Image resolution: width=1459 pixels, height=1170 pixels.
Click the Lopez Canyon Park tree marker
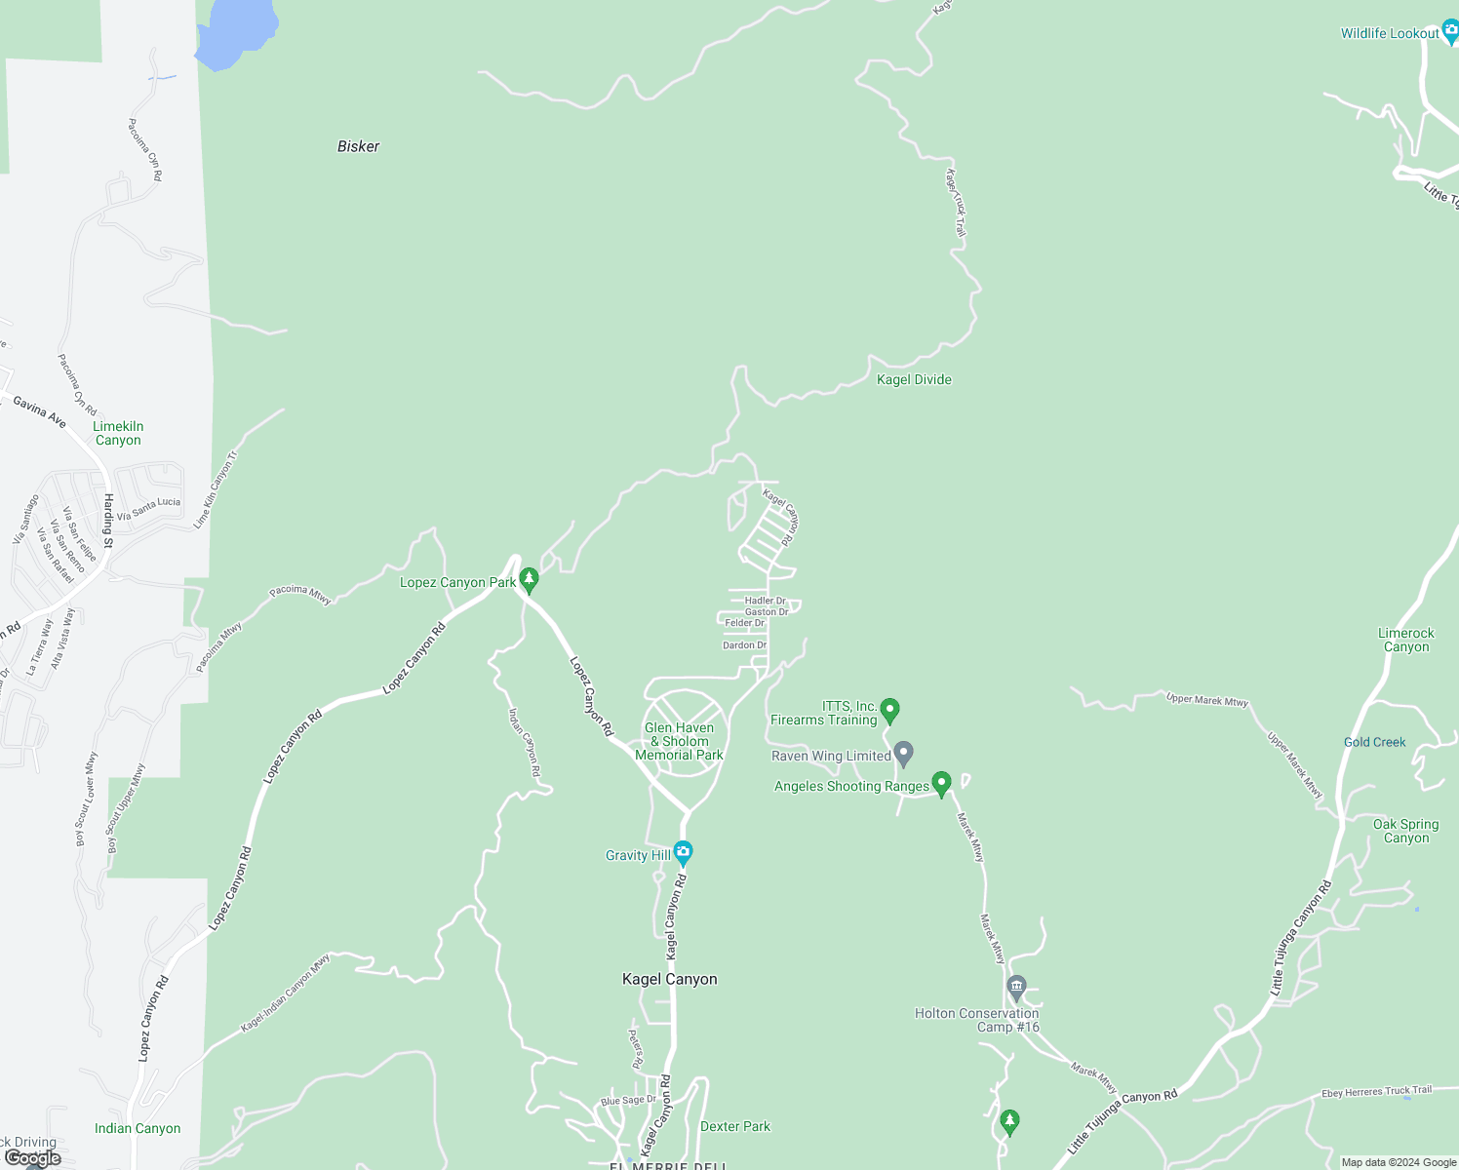click(x=529, y=580)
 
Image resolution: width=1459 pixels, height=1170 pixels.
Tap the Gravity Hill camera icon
click(x=683, y=853)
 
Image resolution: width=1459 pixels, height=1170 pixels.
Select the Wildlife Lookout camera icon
click(x=1450, y=32)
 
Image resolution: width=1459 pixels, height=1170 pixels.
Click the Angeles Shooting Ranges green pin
click(x=941, y=783)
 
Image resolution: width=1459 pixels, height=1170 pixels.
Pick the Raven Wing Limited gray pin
click(x=904, y=753)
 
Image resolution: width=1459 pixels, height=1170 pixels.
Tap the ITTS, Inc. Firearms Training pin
click(x=889, y=710)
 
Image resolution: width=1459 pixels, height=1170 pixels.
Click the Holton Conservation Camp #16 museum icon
click(x=1016, y=988)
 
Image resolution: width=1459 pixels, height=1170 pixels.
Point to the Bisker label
click(x=358, y=146)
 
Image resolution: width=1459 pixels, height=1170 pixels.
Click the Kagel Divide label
click(x=914, y=379)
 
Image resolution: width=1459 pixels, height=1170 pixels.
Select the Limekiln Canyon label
click(x=118, y=433)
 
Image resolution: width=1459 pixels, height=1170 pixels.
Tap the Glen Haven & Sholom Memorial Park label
click(x=679, y=741)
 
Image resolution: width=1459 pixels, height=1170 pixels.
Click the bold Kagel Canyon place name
click(x=669, y=979)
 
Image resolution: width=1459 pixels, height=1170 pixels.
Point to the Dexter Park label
click(x=734, y=1126)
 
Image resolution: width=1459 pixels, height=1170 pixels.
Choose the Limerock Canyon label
click(x=1405, y=640)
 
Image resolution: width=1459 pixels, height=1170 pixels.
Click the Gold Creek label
click(x=1374, y=742)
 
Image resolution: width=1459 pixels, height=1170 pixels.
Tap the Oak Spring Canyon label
click(x=1405, y=831)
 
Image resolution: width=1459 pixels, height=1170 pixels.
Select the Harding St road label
click(x=108, y=520)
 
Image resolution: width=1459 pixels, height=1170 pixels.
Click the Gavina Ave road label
click(x=40, y=412)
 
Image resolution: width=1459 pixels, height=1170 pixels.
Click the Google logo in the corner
click(x=33, y=1158)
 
